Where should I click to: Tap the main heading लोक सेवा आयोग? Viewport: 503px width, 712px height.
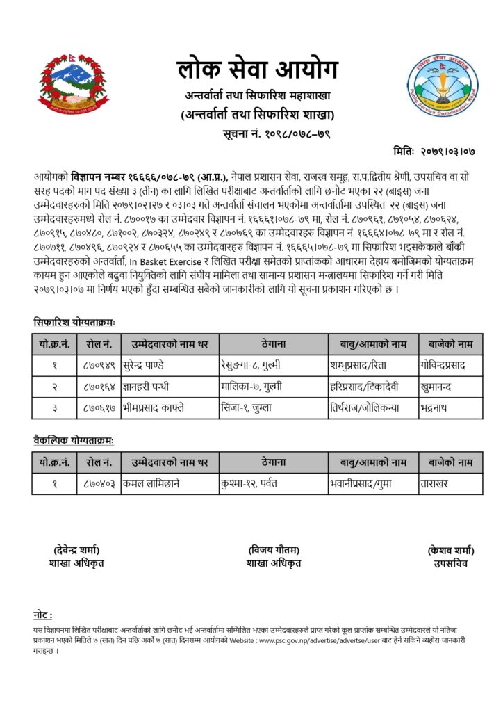(256, 70)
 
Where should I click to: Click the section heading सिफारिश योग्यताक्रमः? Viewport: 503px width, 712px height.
(74, 322)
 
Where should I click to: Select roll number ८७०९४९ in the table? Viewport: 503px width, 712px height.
(99, 364)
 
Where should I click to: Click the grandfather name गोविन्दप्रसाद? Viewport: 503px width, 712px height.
(452, 364)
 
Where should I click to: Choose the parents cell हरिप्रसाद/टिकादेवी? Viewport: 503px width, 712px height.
(363, 386)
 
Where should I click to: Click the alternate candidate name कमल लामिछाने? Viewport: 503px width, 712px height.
(151, 483)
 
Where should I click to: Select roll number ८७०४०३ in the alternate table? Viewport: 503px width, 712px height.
(99, 483)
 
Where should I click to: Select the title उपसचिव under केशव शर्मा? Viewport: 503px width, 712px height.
(451, 563)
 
